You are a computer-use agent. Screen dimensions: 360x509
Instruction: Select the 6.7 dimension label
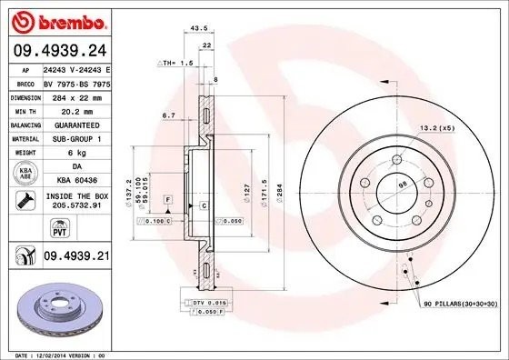click(168, 115)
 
